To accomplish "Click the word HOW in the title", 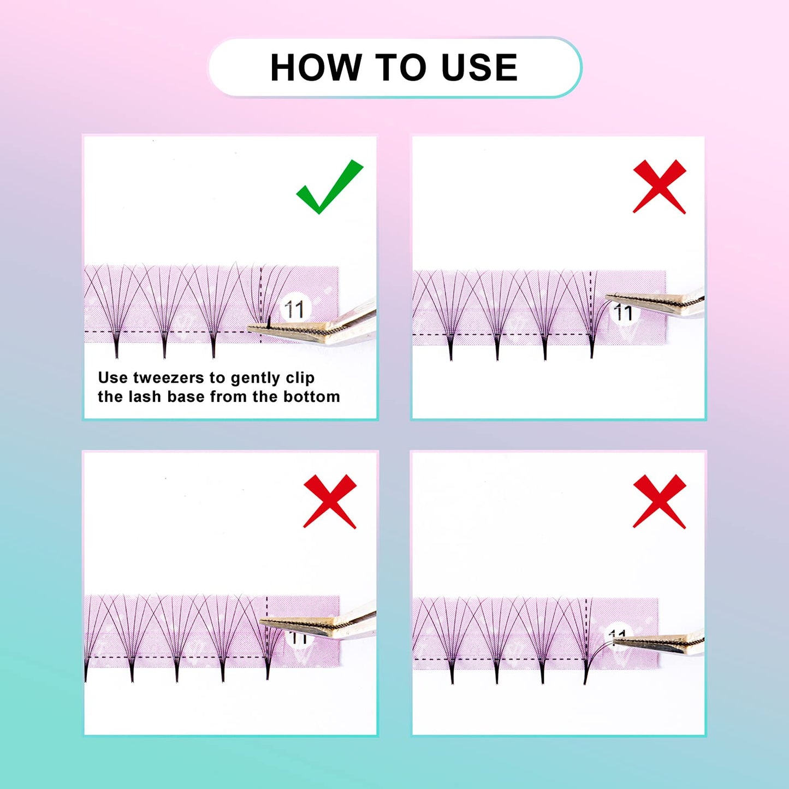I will [316, 68].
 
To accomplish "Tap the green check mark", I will [329, 187].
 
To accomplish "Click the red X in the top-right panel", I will [659, 187].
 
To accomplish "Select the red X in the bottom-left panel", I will [330, 501].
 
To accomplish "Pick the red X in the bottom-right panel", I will [659, 501].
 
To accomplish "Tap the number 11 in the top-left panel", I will [294, 310].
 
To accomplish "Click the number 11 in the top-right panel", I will [623, 313].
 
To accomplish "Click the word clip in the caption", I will [300, 378].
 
